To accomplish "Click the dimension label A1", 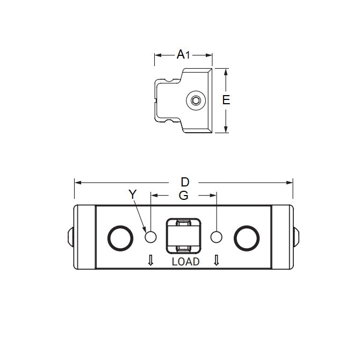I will coord(184,54).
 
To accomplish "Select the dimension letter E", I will coord(226,100).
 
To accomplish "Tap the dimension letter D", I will coord(185,182).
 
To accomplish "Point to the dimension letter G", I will coord(184,196).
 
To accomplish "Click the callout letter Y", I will coord(133,195).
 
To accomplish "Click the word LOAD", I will coord(185,262).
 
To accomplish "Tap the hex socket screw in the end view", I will coord(197,100).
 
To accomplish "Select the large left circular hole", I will coord(119,237).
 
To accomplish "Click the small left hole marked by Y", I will coord(151,237).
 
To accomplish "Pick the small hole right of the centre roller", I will coord(217,237).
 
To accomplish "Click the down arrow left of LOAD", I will coord(151,261).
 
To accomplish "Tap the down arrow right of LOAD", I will coord(217,261).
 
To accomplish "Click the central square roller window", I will coord(184,236).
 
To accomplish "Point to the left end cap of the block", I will coord(85,237).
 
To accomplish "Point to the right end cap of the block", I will coord(282,237).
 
